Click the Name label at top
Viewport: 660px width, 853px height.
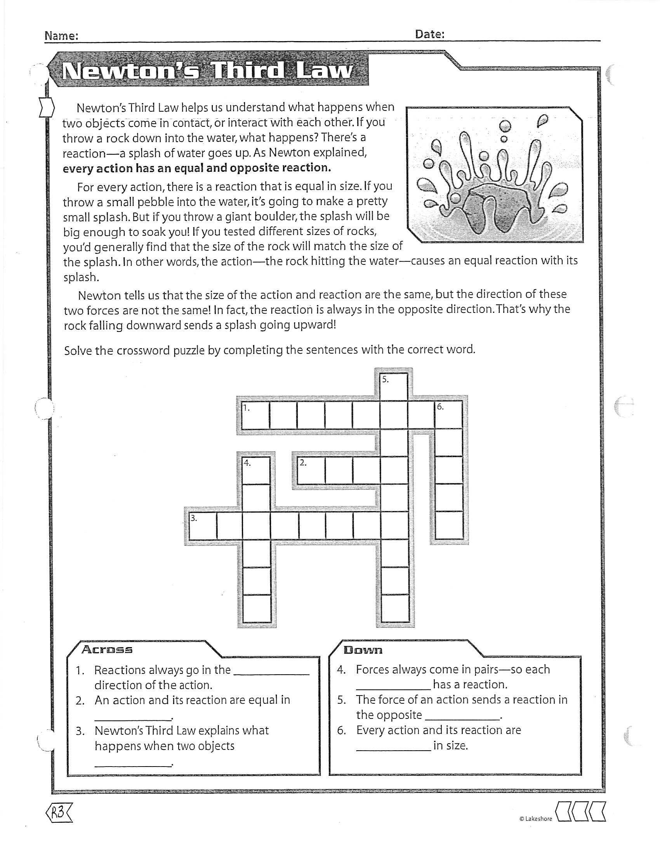click(x=61, y=36)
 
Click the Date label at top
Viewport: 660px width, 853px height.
click(x=429, y=35)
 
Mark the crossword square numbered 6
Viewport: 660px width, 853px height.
click(x=449, y=415)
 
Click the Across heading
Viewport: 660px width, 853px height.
click(x=107, y=649)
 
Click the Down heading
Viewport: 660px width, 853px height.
click(x=363, y=650)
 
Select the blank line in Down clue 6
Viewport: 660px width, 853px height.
click(x=393, y=749)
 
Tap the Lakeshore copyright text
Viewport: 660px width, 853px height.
click(x=535, y=818)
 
